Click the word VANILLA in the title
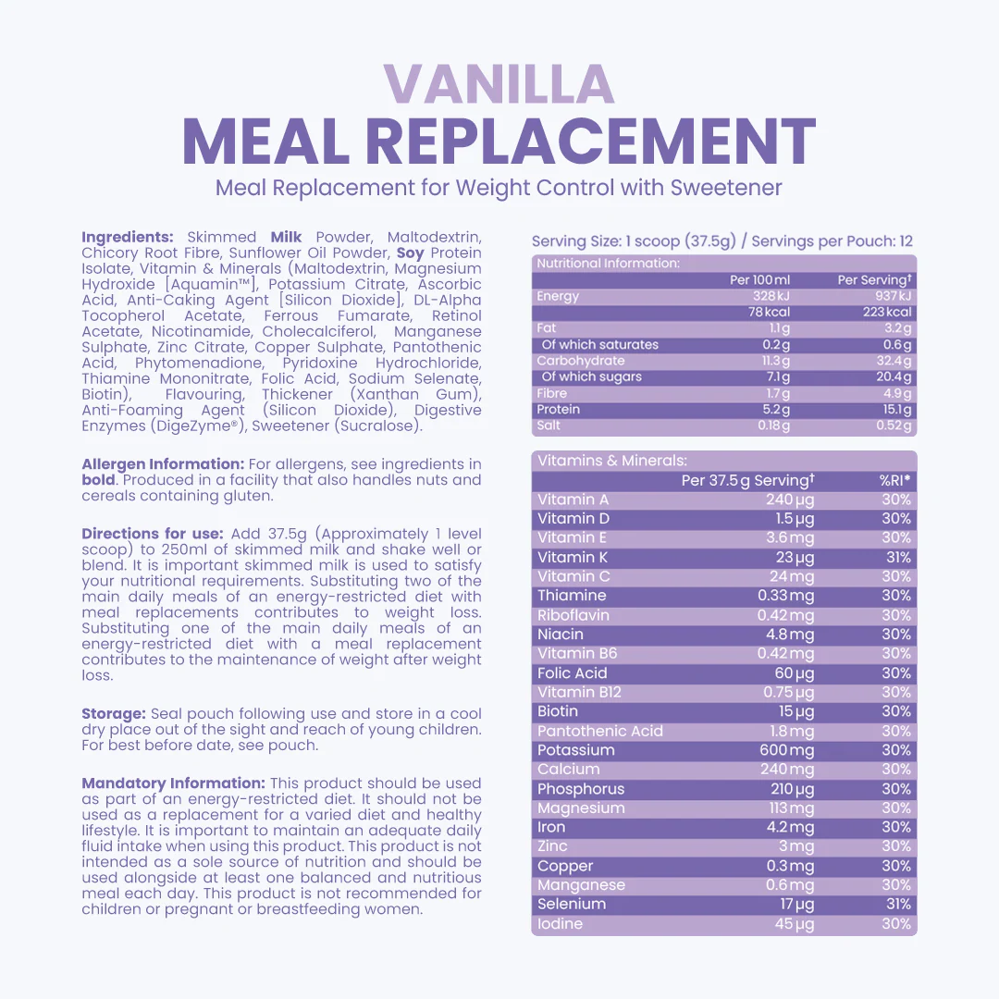coord(499,84)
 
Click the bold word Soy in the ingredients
coord(411,253)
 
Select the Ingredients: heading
coord(128,237)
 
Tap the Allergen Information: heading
coord(163,464)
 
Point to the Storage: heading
coord(114,714)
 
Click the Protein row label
coord(559,409)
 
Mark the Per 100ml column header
coord(760,279)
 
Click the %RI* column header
coord(894,480)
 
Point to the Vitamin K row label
coord(573,557)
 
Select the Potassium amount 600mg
coord(787,750)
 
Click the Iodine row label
coord(561,923)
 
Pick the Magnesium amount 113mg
coord(793,808)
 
